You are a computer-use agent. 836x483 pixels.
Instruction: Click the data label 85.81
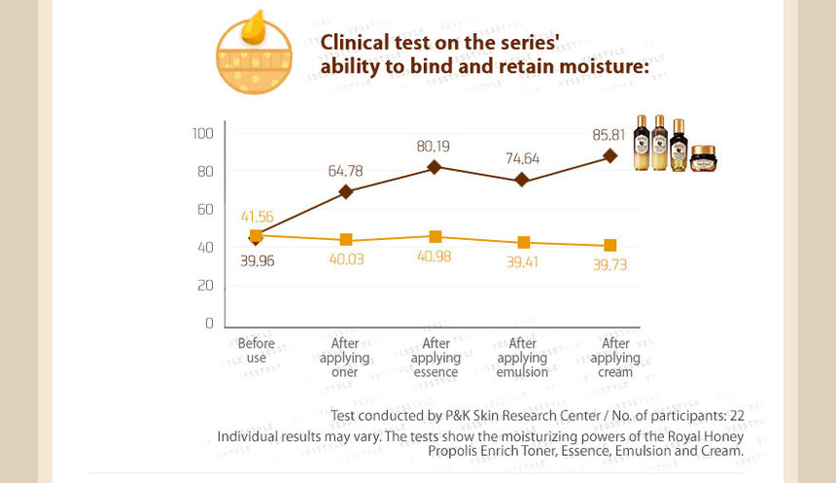tap(609, 135)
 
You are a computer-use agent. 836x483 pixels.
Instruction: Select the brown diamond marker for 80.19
tap(435, 167)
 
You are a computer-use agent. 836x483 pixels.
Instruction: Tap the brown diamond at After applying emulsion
tap(522, 180)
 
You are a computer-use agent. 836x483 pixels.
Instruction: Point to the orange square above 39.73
tap(610, 245)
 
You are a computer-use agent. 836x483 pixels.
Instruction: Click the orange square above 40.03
tap(346, 239)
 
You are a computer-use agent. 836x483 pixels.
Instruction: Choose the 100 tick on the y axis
tap(202, 133)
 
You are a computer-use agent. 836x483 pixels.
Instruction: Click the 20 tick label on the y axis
tap(205, 286)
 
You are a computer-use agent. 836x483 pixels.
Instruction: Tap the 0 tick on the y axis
tap(210, 324)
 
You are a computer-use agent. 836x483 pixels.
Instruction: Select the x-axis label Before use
tap(257, 350)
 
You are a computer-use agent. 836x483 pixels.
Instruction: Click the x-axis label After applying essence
tap(435, 358)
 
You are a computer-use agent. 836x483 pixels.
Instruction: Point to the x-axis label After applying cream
tap(615, 358)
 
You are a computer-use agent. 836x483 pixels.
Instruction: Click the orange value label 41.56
tap(257, 217)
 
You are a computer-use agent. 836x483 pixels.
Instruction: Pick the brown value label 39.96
tap(257, 260)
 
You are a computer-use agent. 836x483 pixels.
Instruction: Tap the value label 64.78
tap(345, 171)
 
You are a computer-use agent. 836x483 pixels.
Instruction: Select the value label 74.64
tap(523, 158)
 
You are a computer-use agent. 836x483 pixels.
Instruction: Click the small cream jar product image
tap(703, 158)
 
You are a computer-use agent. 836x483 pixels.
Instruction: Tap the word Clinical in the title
tap(355, 43)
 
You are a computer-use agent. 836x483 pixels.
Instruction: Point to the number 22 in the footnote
tap(736, 416)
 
